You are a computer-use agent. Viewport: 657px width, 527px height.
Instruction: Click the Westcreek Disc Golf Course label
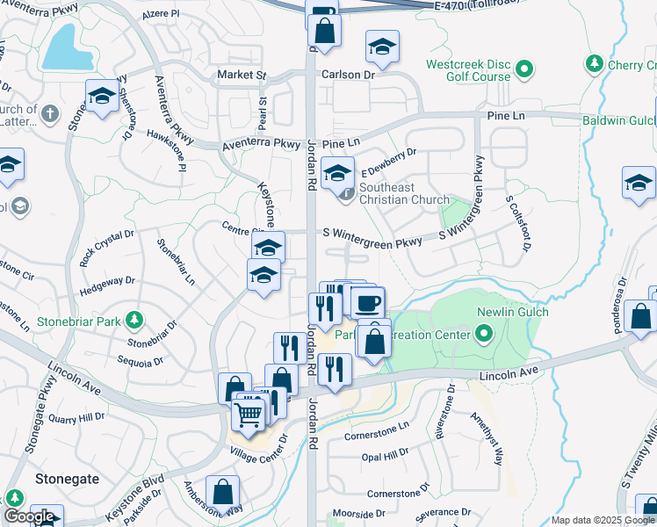pos(467,70)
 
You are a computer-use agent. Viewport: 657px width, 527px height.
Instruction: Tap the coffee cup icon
pos(368,303)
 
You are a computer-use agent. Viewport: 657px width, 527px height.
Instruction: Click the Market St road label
pos(242,76)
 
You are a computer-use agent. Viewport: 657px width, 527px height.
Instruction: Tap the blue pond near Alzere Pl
pos(65,48)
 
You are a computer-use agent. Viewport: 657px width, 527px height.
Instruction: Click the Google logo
pos(29,516)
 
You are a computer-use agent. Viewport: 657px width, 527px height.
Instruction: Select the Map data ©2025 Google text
pos(603,520)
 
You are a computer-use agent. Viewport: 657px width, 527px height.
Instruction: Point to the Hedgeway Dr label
pos(107,281)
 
